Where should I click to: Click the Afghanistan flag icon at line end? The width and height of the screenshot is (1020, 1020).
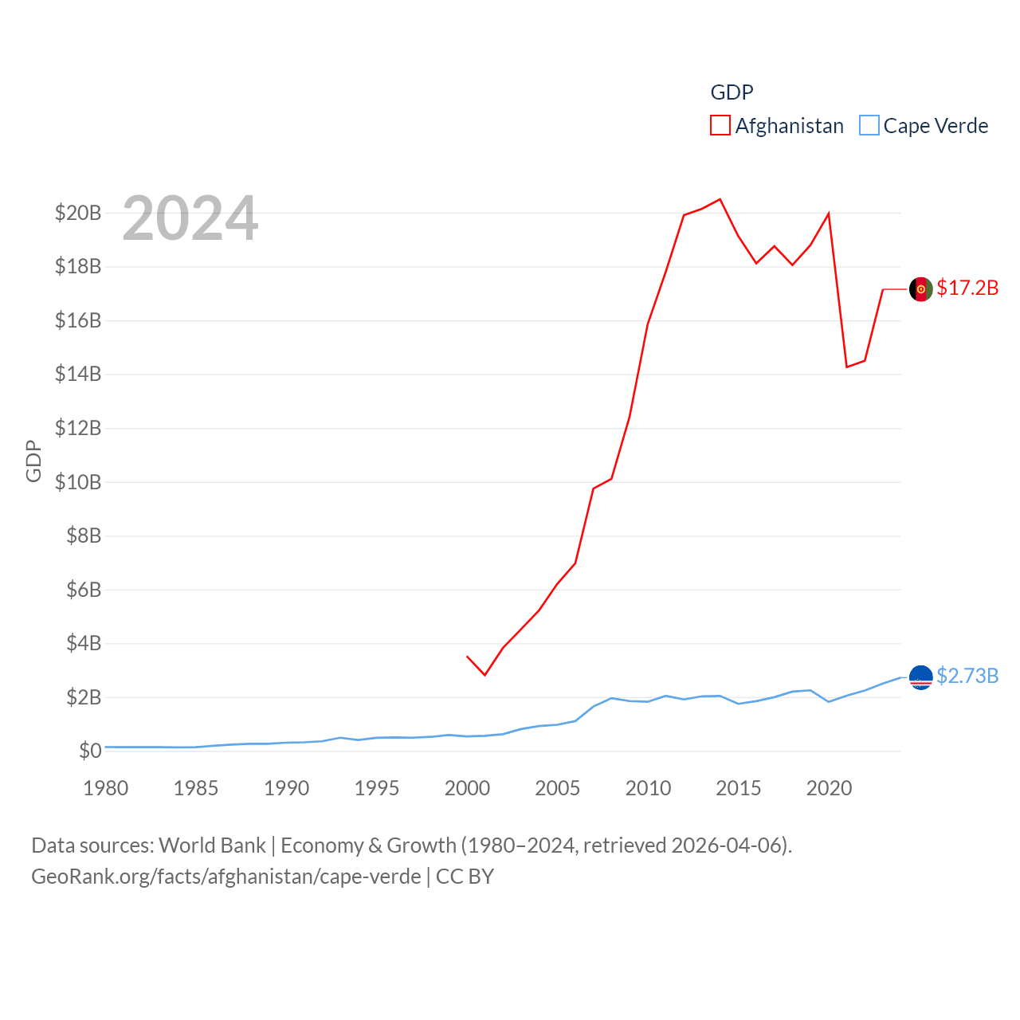[920, 289]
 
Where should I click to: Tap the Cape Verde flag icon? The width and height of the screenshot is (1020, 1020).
[920, 677]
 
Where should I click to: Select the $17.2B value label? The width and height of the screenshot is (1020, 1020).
[967, 288]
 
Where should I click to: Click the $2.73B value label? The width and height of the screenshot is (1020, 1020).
[967, 676]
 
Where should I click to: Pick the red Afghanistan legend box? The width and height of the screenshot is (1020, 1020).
[720, 126]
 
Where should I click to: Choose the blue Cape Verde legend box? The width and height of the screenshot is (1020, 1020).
[869, 126]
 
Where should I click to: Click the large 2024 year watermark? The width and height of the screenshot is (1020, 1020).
[190, 218]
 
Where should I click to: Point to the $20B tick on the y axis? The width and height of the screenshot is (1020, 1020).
[78, 213]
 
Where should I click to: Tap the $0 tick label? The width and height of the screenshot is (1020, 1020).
[90, 751]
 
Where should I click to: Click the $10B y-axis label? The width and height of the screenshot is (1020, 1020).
[78, 482]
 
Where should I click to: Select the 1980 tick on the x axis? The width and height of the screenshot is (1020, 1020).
[105, 788]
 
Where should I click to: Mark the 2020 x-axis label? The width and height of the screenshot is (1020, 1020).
[829, 788]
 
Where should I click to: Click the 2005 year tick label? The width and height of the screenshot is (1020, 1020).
[557, 788]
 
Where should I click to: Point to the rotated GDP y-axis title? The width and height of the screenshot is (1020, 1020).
[33, 461]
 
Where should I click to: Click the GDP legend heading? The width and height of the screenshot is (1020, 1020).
[732, 92]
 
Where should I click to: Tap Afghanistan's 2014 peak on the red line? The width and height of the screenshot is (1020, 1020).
[720, 199]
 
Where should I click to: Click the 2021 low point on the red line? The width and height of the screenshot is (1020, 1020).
[846, 367]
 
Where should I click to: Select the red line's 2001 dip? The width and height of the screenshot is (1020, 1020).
[484, 675]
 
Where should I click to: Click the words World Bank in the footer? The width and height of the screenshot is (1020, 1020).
[212, 845]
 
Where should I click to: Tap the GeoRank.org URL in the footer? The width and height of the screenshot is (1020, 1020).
[226, 877]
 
